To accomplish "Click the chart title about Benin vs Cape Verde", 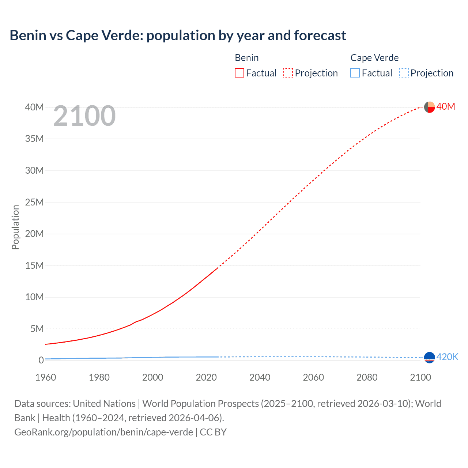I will [178, 35].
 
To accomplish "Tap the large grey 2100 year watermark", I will [84, 116].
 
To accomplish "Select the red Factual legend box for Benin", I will [239, 73].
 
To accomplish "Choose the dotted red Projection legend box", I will [288, 73].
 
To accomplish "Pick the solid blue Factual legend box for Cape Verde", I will [355, 73].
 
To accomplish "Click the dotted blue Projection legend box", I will [404, 73].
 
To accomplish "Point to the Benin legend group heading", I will [247, 58].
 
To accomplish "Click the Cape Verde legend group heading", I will [374, 58].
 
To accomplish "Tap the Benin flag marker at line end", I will [429, 107].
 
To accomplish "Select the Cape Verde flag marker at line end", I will [429, 358].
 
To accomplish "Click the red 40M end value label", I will [446, 106].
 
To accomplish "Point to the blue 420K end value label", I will [447, 357].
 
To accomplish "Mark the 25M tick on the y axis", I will [34, 202].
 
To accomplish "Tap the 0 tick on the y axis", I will [41, 360].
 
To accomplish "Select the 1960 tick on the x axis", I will [46, 377].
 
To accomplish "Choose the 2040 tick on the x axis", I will [260, 377].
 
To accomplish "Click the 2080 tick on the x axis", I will [367, 377].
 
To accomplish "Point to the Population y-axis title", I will [15, 227].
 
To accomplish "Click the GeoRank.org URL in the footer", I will [103, 432].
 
